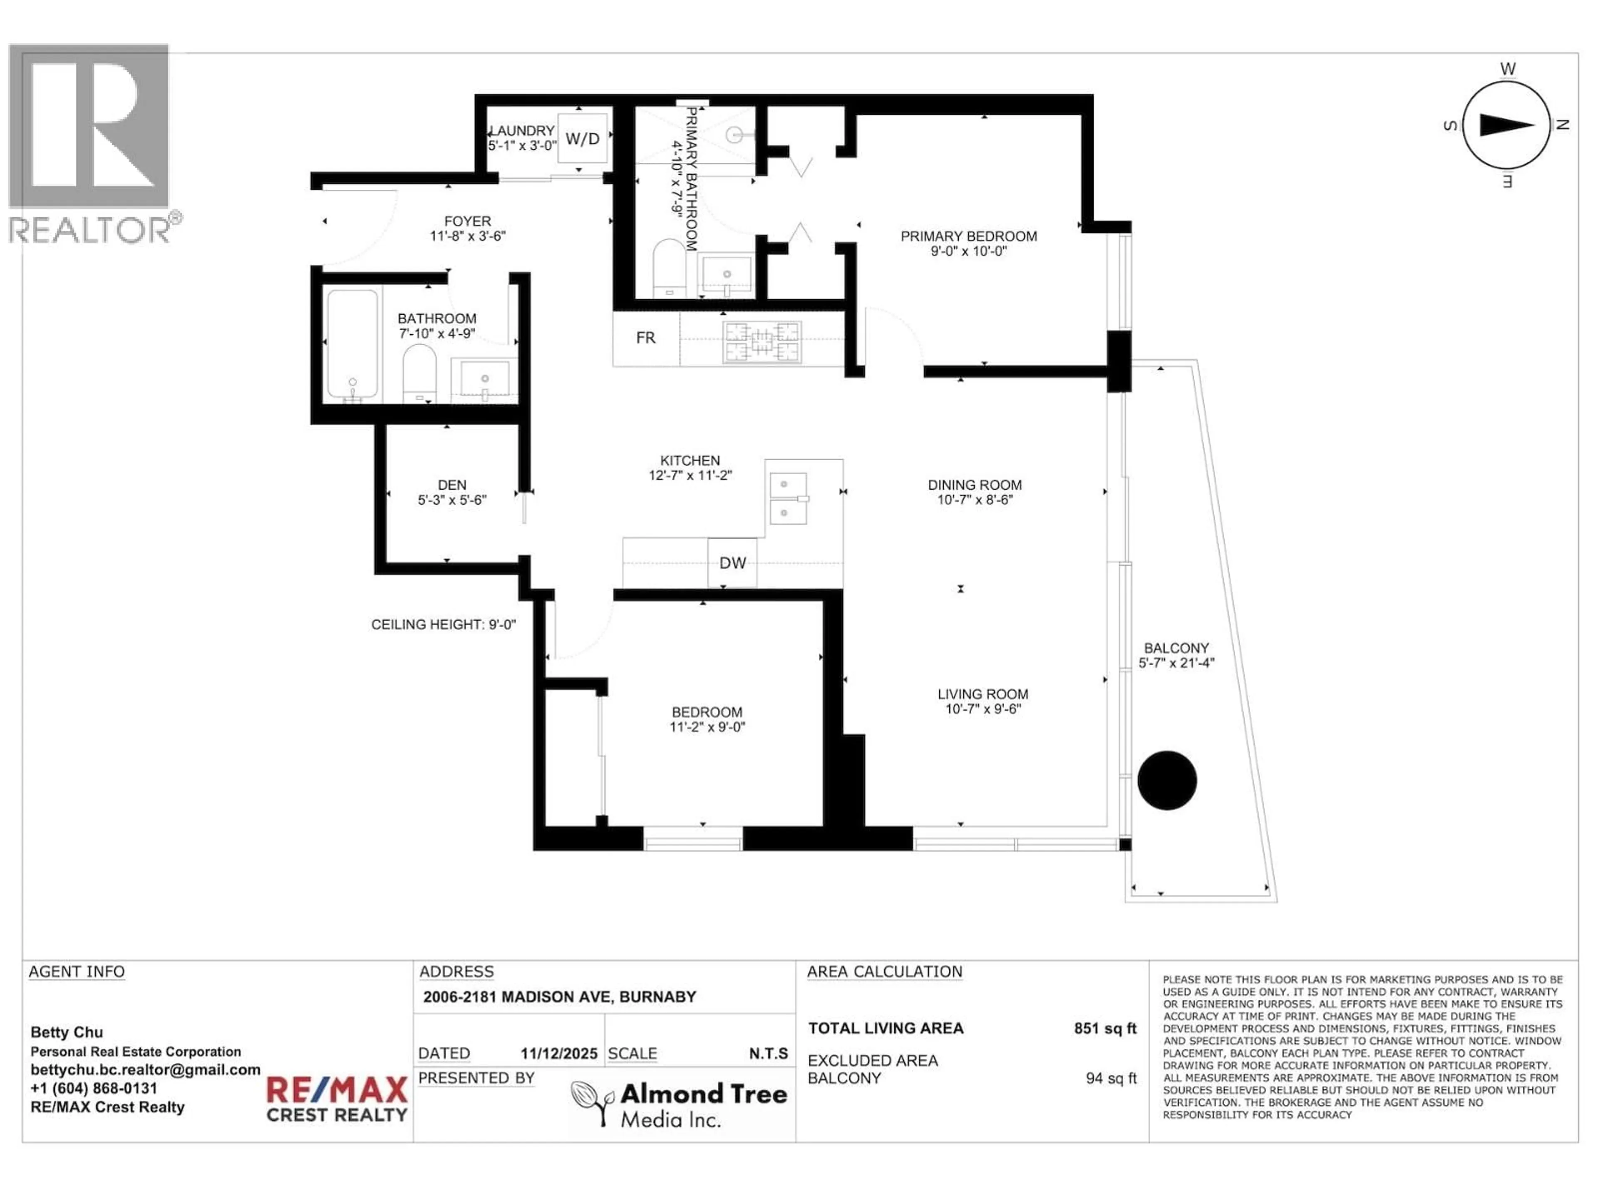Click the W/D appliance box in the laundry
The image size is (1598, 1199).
tap(582, 138)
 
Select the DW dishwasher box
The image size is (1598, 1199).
tap(732, 562)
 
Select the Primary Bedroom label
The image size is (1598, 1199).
tap(968, 236)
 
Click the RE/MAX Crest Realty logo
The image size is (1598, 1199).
tap(337, 1099)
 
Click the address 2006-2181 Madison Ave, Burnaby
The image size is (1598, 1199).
tap(559, 997)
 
